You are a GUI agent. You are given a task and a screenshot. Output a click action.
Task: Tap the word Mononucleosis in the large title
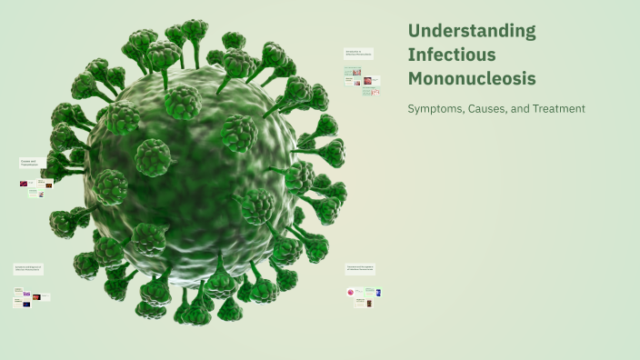(472, 78)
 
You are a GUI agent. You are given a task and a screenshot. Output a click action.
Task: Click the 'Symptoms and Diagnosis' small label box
(28, 269)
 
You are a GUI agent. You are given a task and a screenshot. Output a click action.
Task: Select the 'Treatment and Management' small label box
(362, 269)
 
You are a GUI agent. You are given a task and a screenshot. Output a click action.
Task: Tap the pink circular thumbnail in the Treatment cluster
(350, 292)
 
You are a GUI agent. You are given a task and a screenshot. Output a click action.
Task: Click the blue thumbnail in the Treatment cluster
(377, 292)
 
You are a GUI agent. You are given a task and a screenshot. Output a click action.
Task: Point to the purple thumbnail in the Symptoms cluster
(26, 295)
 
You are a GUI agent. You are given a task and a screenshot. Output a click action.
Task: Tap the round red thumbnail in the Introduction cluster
(367, 80)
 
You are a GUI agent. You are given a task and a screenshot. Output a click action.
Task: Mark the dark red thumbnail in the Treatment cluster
(369, 303)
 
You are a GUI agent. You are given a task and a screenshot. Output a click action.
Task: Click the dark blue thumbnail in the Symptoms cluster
(26, 304)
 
